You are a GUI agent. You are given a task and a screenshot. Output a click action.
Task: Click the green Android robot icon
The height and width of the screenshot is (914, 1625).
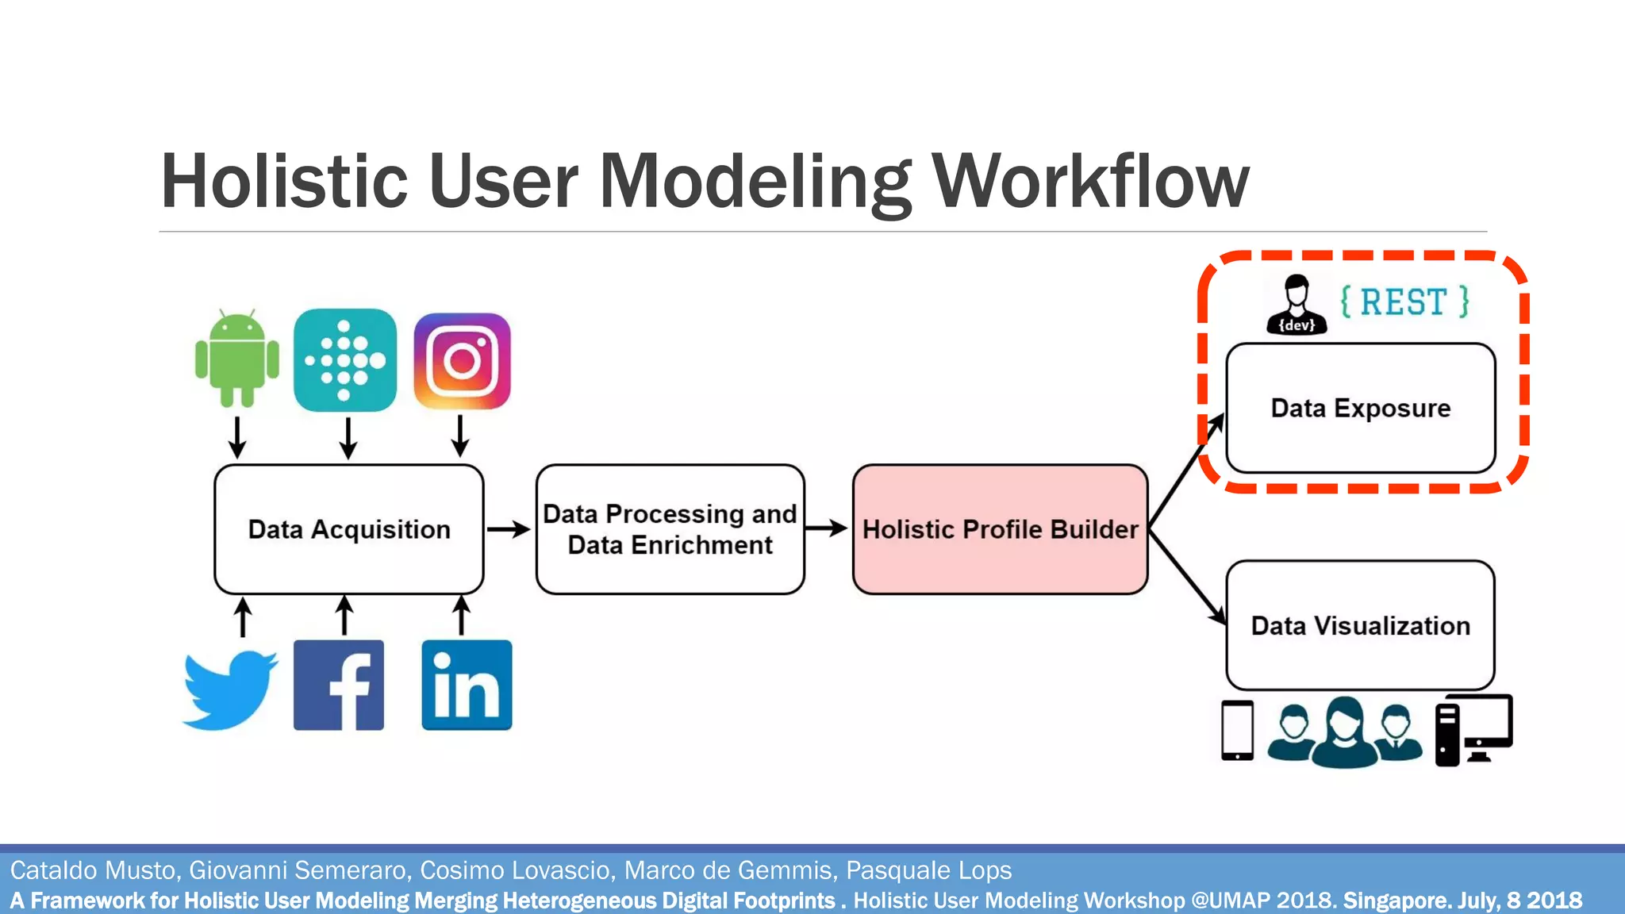tap(237, 359)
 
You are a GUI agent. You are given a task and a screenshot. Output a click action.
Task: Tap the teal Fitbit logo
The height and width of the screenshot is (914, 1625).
tap(345, 360)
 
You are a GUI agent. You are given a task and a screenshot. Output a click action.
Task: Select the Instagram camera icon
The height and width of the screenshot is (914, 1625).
tap(462, 361)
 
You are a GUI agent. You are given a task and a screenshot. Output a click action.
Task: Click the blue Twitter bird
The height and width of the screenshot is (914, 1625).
tap(230, 689)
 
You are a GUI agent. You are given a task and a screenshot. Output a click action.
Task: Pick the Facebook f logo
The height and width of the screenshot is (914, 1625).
tap(339, 685)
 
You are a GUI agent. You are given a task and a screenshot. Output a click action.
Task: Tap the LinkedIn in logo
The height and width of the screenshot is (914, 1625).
tap(467, 685)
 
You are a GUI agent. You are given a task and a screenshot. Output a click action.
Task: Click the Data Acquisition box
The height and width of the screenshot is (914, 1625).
tap(349, 529)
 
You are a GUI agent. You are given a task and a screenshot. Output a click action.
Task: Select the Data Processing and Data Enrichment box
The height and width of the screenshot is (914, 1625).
tap(670, 529)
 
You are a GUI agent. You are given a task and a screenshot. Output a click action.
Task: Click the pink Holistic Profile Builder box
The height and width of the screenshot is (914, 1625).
tap(1000, 529)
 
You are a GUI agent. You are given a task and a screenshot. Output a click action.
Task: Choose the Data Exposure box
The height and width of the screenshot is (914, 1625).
tap(1360, 408)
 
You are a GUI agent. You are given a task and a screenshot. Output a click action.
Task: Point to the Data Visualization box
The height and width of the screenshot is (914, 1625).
tap(1360, 625)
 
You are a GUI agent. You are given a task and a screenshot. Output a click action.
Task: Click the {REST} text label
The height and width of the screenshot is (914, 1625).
tap(1404, 302)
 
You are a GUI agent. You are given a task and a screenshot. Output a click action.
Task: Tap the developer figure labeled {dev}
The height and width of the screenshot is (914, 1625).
tap(1297, 305)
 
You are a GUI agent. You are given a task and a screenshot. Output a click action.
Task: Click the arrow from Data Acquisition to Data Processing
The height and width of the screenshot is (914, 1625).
tap(509, 529)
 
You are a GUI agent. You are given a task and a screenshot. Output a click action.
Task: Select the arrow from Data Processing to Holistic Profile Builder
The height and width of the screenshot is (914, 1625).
tap(827, 528)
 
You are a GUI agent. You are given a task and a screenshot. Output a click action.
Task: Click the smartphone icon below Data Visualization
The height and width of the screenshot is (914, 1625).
tap(1237, 730)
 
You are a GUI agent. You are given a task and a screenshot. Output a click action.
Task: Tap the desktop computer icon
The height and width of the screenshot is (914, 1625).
tap(1474, 729)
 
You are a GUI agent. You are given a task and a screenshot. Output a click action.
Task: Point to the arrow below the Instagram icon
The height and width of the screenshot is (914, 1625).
tap(460, 436)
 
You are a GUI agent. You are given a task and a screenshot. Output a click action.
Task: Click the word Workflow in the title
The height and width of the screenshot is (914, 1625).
tap(1090, 182)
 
